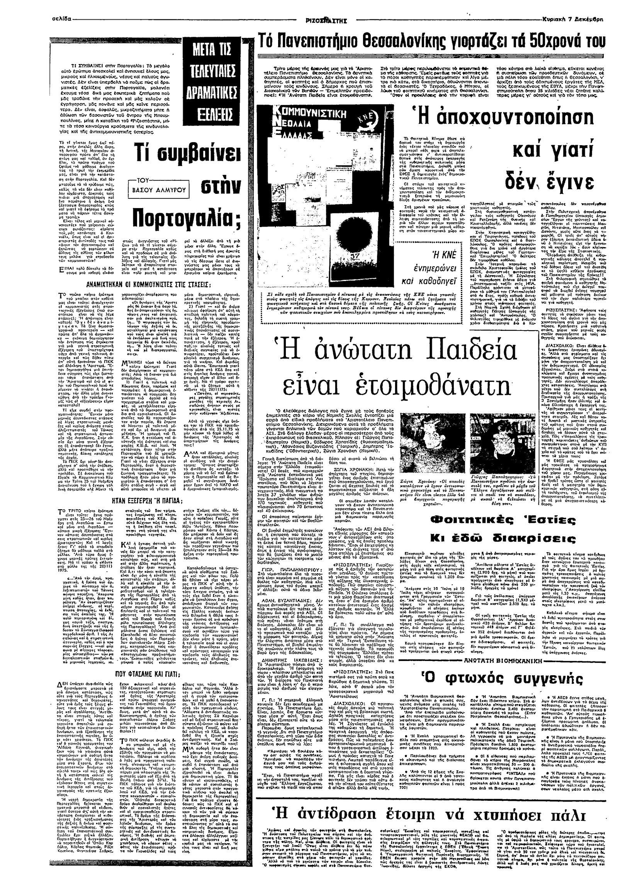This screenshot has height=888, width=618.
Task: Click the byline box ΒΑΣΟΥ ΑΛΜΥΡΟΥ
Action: pos(160,190)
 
